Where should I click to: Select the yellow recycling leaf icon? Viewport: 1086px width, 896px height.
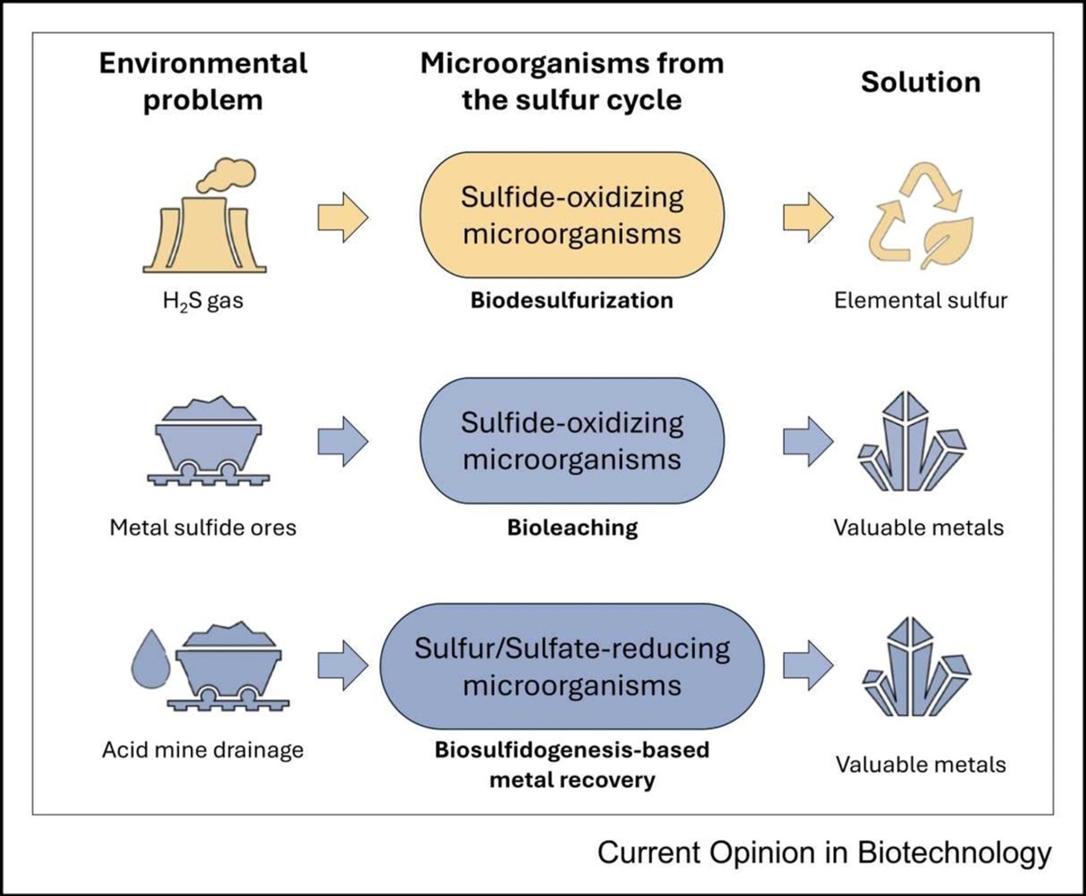(921, 218)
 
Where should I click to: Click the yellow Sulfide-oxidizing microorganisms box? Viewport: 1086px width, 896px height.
(572, 215)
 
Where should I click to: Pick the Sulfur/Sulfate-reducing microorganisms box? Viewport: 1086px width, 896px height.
(572, 666)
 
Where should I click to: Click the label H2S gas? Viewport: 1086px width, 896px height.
(203, 301)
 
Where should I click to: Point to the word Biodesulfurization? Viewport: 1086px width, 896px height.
(572, 300)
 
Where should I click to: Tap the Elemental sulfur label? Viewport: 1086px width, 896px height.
(921, 300)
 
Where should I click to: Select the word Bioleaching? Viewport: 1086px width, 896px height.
(572, 527)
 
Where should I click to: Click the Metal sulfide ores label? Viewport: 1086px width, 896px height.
(203, 527)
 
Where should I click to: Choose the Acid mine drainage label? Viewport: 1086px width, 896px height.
(203, 750)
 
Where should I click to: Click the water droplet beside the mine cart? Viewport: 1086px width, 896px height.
(151, 661)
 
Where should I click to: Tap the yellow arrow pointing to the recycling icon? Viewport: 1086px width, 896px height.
(808, 218)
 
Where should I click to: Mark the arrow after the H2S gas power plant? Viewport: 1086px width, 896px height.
(343, 218)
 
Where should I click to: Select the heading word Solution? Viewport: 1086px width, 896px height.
(921, 82)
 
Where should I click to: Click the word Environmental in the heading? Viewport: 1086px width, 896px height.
(203, 64)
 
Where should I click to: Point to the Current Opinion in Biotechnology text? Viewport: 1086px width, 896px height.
(824, 853)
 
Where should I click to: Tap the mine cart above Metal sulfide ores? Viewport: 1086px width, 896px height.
(208, 440)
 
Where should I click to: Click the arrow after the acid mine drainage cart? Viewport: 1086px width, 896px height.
(343, 665)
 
